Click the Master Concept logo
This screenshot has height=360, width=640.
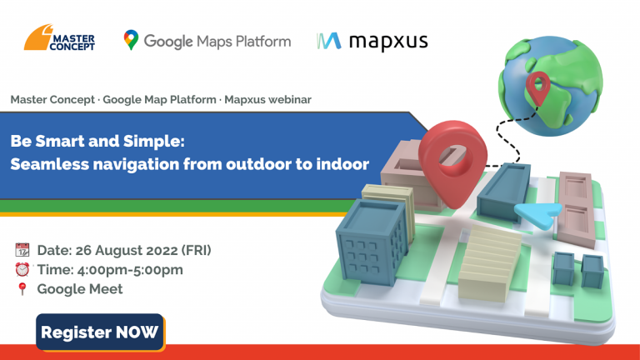59,37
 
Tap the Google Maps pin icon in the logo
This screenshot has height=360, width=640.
131,40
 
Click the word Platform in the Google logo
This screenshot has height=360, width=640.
263,41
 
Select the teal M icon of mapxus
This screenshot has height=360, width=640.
328,41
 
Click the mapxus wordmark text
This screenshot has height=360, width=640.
388,42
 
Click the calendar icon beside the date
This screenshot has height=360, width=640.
22,250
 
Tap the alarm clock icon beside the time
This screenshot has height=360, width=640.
22,269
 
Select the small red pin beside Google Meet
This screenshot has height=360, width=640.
22,288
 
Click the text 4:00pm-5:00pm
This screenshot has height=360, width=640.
130,270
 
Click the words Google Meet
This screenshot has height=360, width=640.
80,289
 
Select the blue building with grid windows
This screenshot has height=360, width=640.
372,242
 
